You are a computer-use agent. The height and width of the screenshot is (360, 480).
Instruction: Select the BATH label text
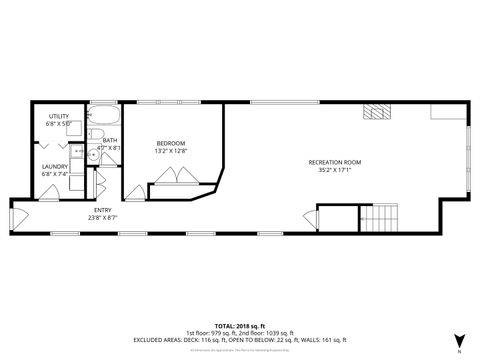point(110,140)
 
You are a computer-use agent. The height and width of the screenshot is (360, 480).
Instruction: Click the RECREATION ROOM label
point(334,162)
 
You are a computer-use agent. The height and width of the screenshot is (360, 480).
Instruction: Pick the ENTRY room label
point(104,209)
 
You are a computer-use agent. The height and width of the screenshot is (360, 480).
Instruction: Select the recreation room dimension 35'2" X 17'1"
point(334,170)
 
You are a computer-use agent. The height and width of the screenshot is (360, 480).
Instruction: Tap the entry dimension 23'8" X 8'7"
point(104,217)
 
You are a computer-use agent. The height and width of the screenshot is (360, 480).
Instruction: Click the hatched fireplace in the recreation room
point(374,112)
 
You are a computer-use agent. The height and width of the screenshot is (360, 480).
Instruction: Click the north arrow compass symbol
point(458,341)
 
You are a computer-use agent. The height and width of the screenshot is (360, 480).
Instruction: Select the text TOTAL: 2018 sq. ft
point(240,326)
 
